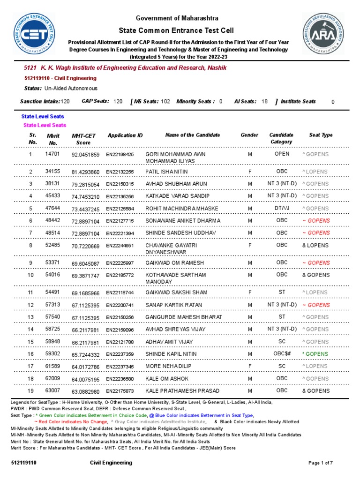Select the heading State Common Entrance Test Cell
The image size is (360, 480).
pos(177,30)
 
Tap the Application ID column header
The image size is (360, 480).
pos(125,135)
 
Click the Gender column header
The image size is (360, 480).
pos(249,135)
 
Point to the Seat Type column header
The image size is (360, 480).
pos(321,135)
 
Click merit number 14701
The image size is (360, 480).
pos(52,154)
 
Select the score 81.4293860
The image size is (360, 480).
pos(85,172)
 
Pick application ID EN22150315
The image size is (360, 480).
pos(120,184)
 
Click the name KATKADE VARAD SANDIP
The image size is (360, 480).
pos(178,196)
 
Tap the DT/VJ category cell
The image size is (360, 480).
pos(282,208)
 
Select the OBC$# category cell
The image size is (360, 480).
pos(282,354)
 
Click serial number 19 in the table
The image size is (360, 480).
pos(30,390)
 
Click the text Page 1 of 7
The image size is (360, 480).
pos(321,463)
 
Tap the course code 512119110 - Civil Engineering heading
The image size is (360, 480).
pos(60,78)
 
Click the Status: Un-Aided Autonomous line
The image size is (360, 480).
pos(60,88)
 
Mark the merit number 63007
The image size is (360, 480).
pos(52,390)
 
